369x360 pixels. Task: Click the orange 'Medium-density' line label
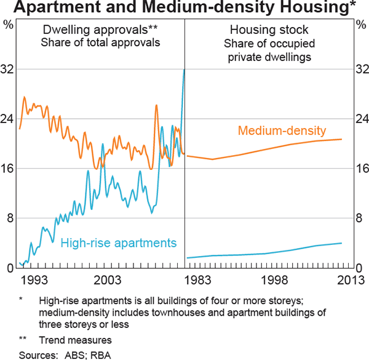point(282,130)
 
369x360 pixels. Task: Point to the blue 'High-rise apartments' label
point(119,242)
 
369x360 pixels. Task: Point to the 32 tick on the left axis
point(9,70)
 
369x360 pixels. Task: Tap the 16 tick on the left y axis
point(9,169)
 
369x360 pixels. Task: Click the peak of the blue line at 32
point(184,70)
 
